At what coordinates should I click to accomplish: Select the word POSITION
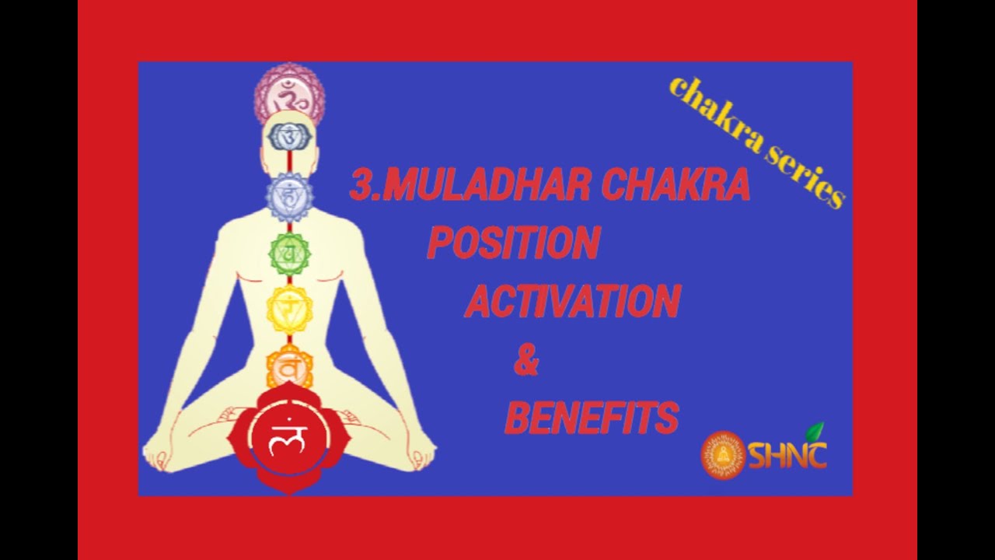pos(513,243)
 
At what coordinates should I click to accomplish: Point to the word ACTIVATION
pos(572,301)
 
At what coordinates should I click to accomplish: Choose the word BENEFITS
pos(592,418)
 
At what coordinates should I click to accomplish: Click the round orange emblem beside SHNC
pos(723,455)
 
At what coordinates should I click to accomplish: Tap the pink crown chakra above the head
pos(289,96)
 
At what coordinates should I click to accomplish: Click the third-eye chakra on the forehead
pos(289,138)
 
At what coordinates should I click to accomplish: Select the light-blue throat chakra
pos(289,196)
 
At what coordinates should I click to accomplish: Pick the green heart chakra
pos(289,251)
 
